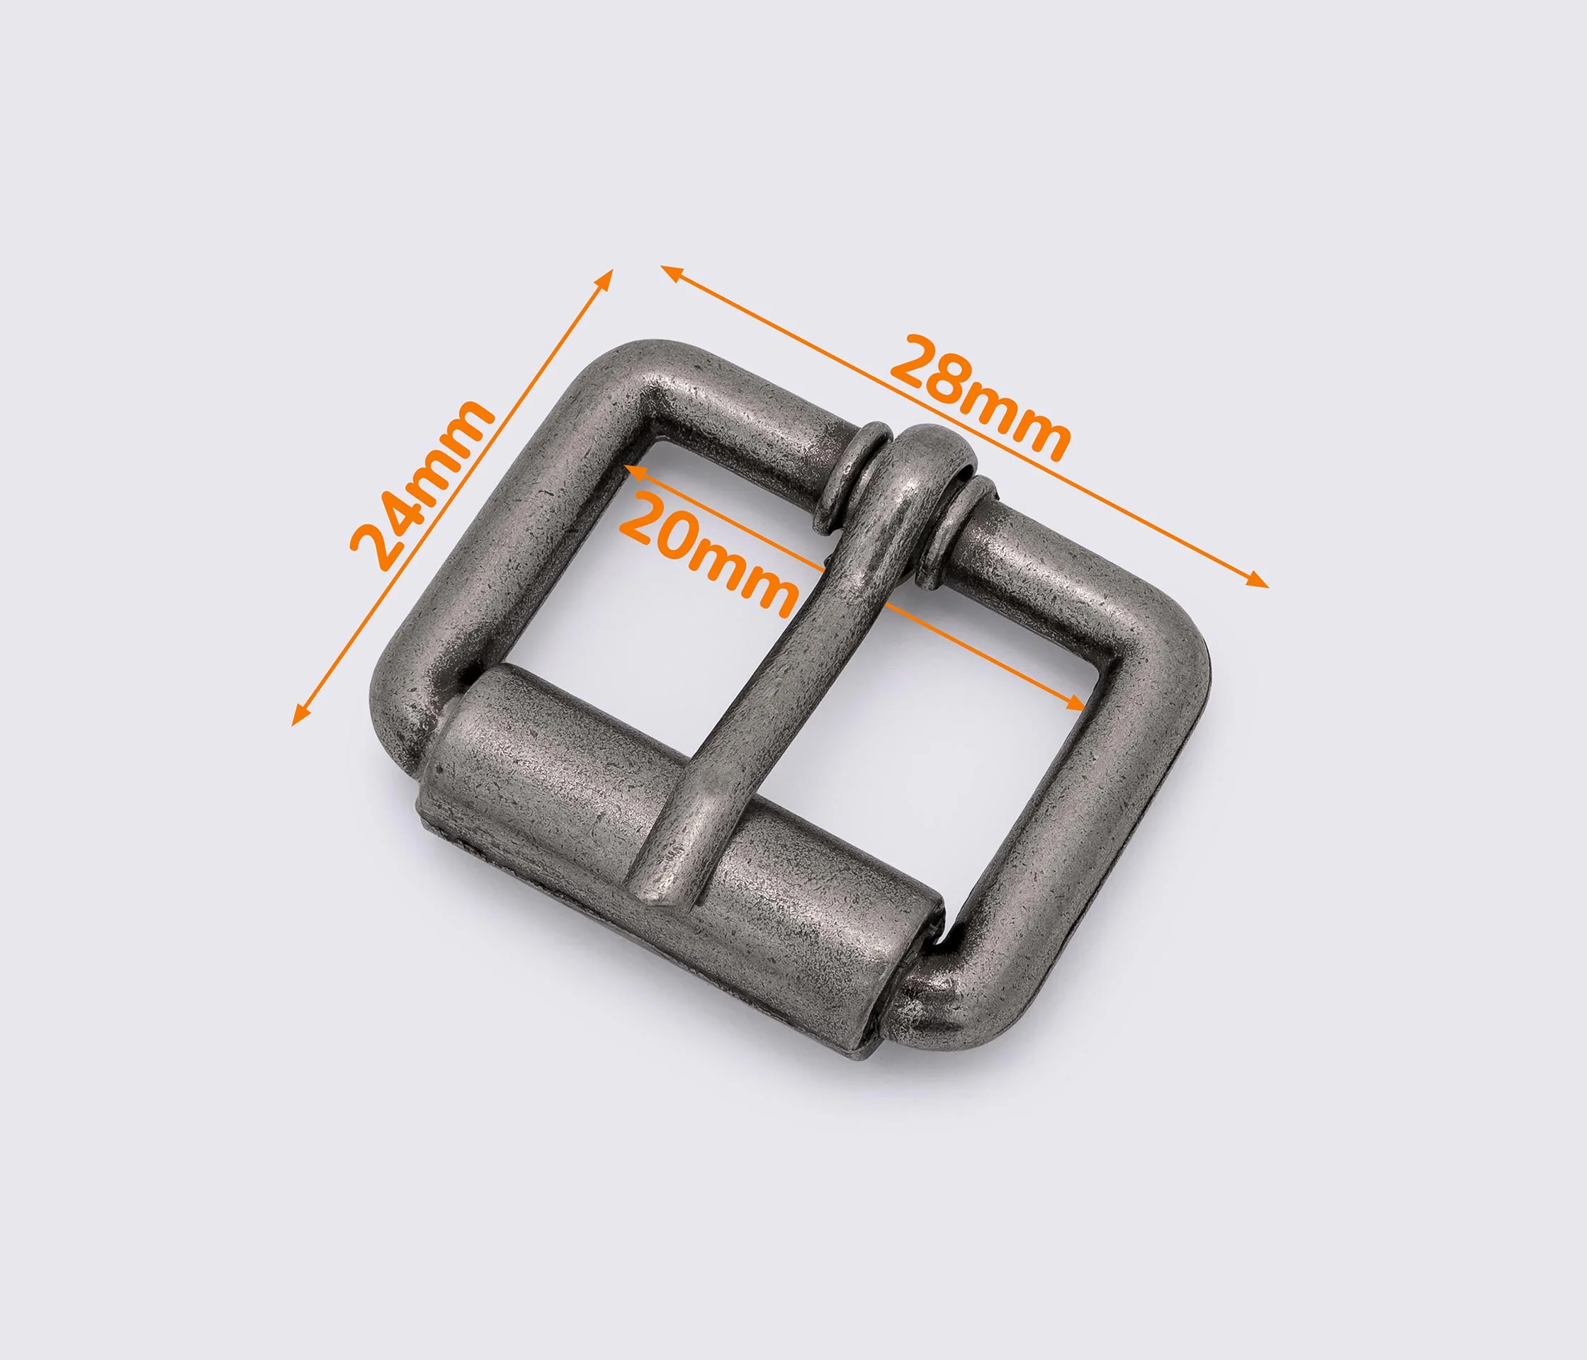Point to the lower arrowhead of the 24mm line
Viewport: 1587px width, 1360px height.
tap(301, 714)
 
